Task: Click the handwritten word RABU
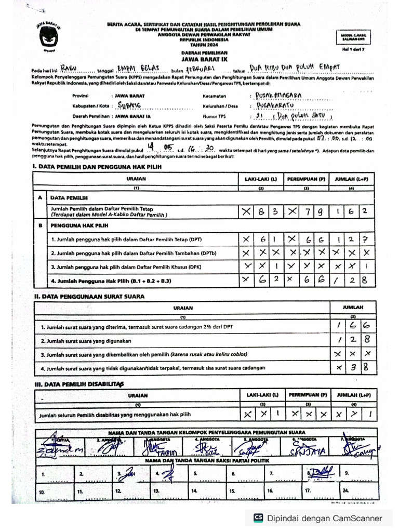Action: pyautogui.click(x=71, y=68)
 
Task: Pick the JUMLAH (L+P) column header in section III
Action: pyautogui.click(x=352, y=395)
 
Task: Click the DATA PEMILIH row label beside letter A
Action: pyautogui.click(x=69, y=198)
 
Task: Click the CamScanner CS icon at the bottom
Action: pyautogui.click(x=258, y=517)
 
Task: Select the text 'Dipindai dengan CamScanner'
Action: pyautogui.click(x=325, y=518)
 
